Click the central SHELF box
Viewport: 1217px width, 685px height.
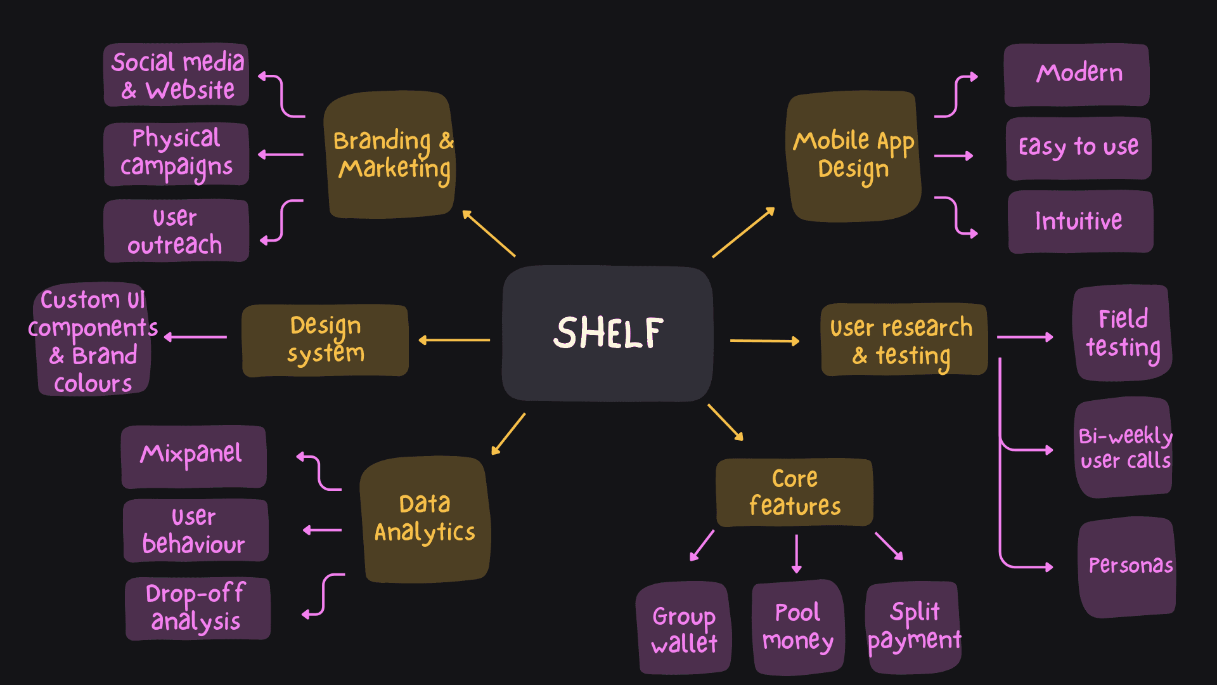pyautogui.click(x=607, y=334)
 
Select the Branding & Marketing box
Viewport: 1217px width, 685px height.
pyautogui.click(x=390, y=155)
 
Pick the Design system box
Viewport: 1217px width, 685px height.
pyautogui.click(x=325, y=341)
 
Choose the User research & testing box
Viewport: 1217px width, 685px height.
pyautogui.click(x=904, y=341)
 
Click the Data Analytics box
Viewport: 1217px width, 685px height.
pyautogui.click(x=425, y=519)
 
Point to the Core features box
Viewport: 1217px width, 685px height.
pyautogui.click(x=794, y=492)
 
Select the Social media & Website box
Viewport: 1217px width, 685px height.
pyautogui.click(x=176, y=75)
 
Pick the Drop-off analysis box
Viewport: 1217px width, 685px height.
pyautogui.click(x=197, y=608)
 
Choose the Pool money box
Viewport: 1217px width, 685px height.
pyautogui.click(x=797, y=627)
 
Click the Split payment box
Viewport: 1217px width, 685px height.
pyautogui.click(x=913, y=627)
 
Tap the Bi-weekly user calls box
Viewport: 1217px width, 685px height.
pyautogui.click(x=1123, y=448)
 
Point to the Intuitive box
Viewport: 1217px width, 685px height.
pyautogui.click(x=1079, y=221)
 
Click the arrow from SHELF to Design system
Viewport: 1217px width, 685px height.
pyautogui.click(x=454, y=340)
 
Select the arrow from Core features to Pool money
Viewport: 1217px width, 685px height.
pyautogui.click(x=797, y=554)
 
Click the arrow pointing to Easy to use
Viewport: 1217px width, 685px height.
pyautogui.click(x=953, y=155)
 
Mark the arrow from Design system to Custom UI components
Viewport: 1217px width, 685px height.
pyautogui.click(x=196, y=337)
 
